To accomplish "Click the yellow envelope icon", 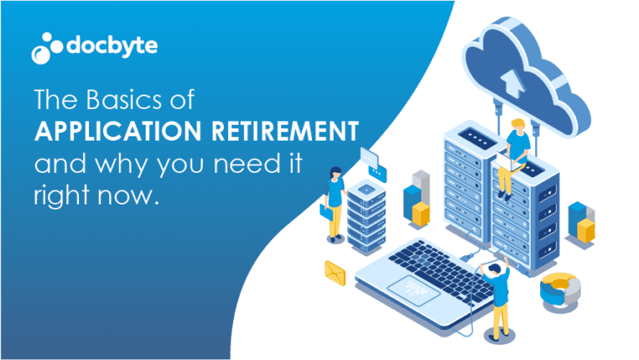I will coord(335,270).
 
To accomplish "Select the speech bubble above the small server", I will coord(368,160).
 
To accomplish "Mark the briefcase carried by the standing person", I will coord(326,211).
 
